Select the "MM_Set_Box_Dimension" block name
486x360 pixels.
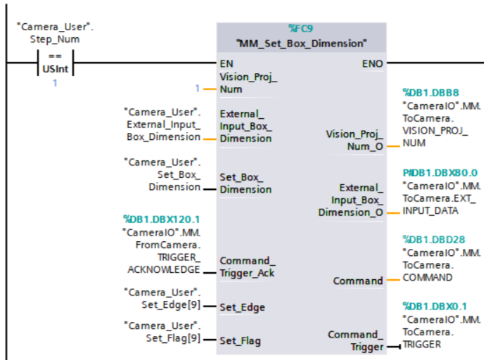click(x=302, y=43)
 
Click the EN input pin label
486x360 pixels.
click(x=226, y=63)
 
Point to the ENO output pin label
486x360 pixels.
click(x=373, y=63)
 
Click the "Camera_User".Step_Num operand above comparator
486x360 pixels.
click(x=54, y=32)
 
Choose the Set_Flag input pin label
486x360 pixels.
click(x=240, y=341)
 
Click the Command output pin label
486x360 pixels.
click(x=358, y=281)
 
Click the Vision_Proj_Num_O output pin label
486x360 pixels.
click(x=354, y=139)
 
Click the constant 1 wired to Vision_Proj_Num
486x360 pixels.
click(x=198, y=89)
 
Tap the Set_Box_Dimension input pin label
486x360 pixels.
click(x=245, y=184)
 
